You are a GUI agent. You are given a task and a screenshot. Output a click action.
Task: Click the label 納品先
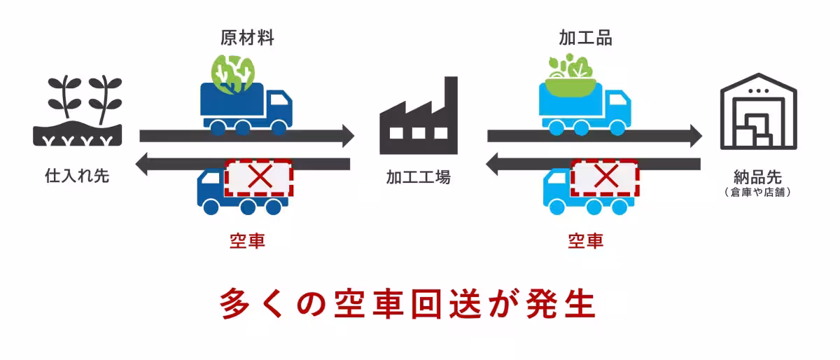pos(758,175)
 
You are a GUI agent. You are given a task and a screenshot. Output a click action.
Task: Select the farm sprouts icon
pos(78,112)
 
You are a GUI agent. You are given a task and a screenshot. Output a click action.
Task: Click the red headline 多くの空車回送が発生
pos(408,304)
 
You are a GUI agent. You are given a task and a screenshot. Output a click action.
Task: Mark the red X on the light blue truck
pos(604,177)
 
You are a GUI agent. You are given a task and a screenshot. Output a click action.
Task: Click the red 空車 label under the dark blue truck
pos(247,242)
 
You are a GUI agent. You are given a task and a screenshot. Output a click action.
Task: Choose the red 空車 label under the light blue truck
pos(585,242)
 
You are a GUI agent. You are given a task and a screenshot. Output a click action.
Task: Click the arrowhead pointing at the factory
pos(348,135)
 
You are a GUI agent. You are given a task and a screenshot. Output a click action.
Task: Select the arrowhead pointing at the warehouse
pos(694,135)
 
